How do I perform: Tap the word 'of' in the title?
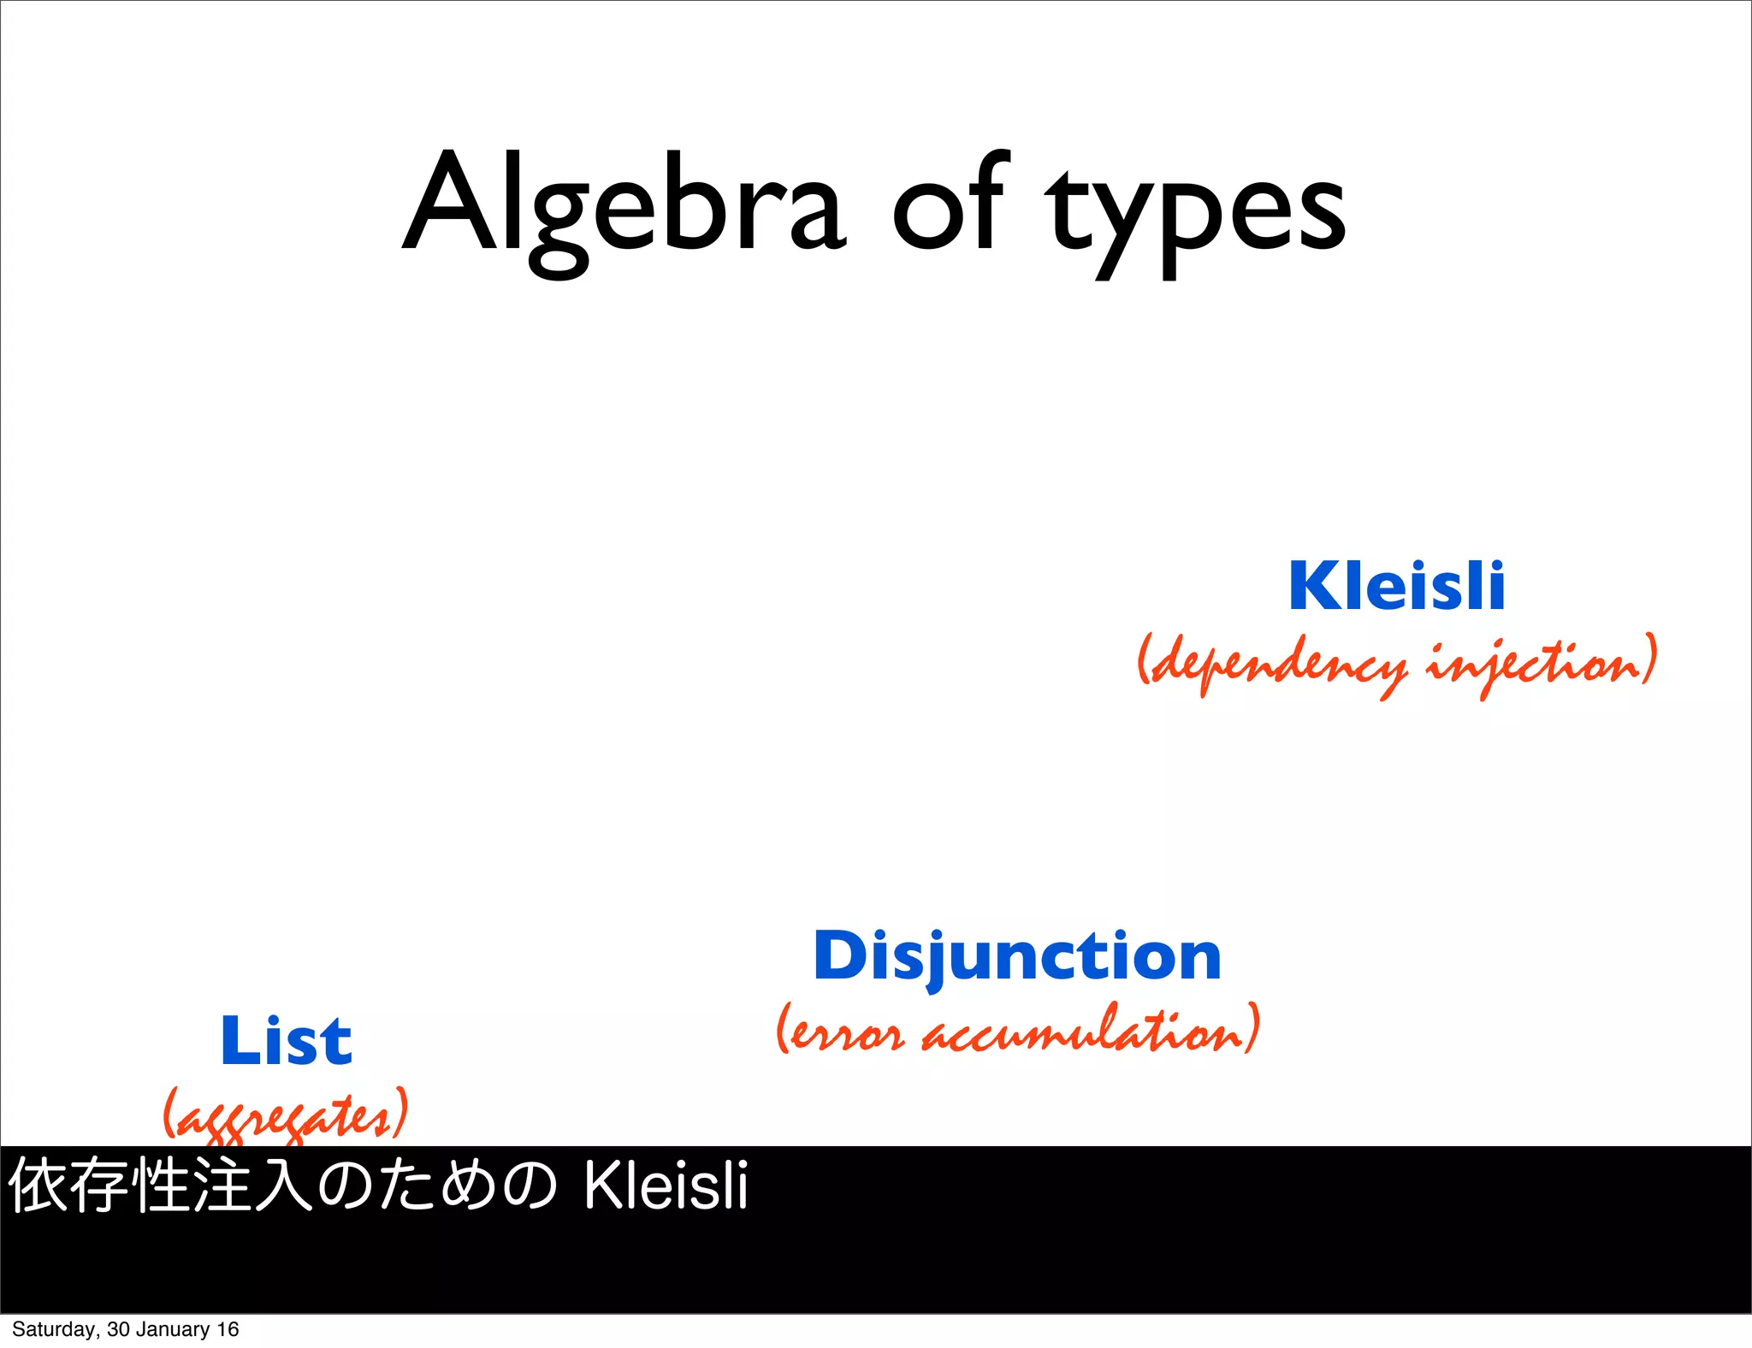(x=948, y=205)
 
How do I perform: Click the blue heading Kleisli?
(x=1397, y=587)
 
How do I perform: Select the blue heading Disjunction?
(x=1017, y=956)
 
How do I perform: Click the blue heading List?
(x=286, y=1042)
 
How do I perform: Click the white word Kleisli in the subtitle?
(x=666, y=1187)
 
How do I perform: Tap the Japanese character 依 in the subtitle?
(x=38, y=1185)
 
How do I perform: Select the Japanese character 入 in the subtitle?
(x=285, y=1185)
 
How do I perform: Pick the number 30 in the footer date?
(x=118, y=1329)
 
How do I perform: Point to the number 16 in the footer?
(x=228, y=1329)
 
